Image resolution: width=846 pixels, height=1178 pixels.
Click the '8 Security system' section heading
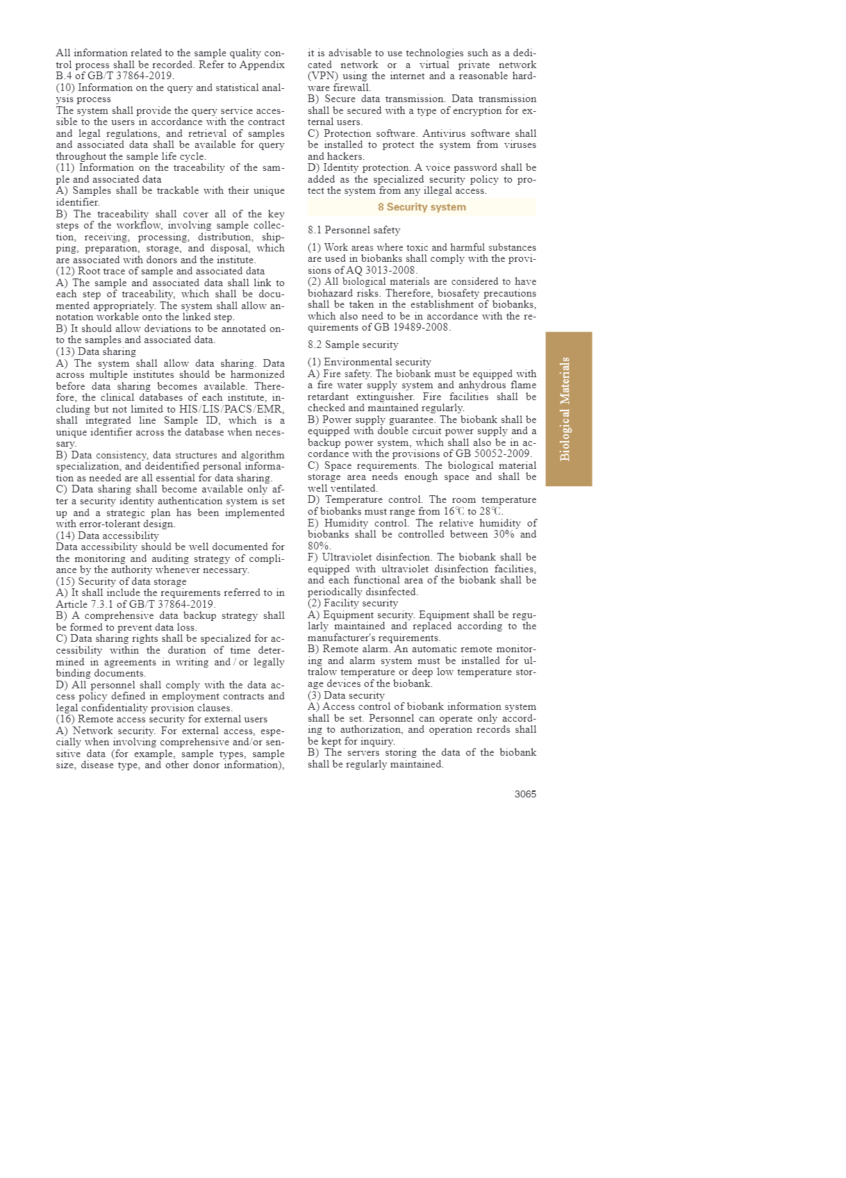422,207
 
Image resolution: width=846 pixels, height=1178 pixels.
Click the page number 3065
525,794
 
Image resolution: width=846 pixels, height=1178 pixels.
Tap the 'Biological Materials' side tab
568,409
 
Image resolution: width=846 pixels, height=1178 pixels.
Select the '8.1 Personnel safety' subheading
354,230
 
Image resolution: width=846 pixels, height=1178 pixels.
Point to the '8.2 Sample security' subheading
353,345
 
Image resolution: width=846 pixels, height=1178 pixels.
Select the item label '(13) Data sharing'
96,351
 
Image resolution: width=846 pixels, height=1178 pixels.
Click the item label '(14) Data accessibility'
107,536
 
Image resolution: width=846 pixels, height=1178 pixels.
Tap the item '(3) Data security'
346,695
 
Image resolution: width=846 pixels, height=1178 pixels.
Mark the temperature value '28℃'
490,511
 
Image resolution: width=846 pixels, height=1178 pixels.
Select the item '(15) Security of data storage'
121,581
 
